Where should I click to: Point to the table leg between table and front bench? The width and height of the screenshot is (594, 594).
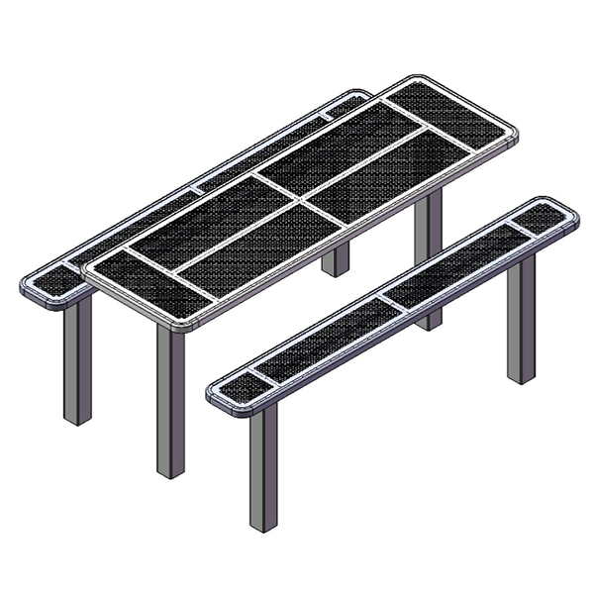(429, 257)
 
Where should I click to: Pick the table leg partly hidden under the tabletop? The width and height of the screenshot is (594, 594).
(337, 259)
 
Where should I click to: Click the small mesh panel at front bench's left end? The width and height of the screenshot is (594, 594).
(239, 389)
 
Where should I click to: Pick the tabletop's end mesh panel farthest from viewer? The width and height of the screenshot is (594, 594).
(450, 115)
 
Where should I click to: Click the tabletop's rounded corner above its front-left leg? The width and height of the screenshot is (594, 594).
(94, 268)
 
